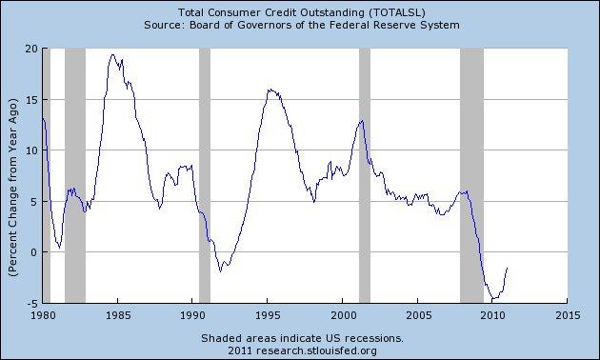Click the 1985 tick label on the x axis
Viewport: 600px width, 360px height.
117,313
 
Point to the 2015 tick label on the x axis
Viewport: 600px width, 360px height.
567,313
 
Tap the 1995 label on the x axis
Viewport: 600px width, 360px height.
267,313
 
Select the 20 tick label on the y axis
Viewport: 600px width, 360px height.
30,49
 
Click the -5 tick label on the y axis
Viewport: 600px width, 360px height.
30,303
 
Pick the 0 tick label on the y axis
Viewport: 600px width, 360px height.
33,252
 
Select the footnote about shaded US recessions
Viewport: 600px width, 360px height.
302,337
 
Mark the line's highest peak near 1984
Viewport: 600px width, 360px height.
113,55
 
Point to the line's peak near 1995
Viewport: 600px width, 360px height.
270,90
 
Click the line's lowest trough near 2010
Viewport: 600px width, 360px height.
492,299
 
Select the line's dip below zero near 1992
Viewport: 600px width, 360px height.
220,270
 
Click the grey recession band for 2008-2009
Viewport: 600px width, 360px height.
471,171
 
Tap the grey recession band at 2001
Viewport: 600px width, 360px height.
364,171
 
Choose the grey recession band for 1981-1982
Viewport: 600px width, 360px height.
74,171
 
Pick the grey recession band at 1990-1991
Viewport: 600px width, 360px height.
204,171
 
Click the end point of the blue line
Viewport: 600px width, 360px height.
508,268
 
